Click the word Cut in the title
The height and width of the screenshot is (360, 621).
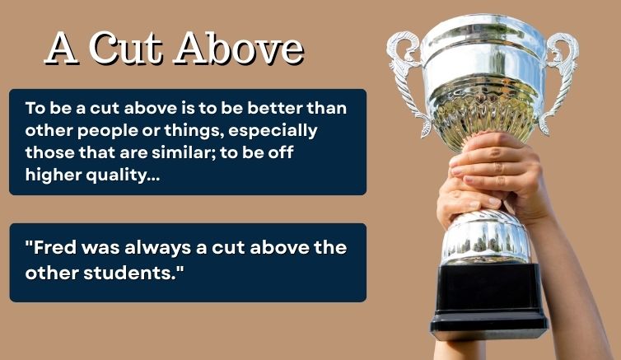pos(128,49)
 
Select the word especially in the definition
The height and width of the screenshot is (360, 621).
pos(275,130)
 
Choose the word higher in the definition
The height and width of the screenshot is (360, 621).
pos(51,173)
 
